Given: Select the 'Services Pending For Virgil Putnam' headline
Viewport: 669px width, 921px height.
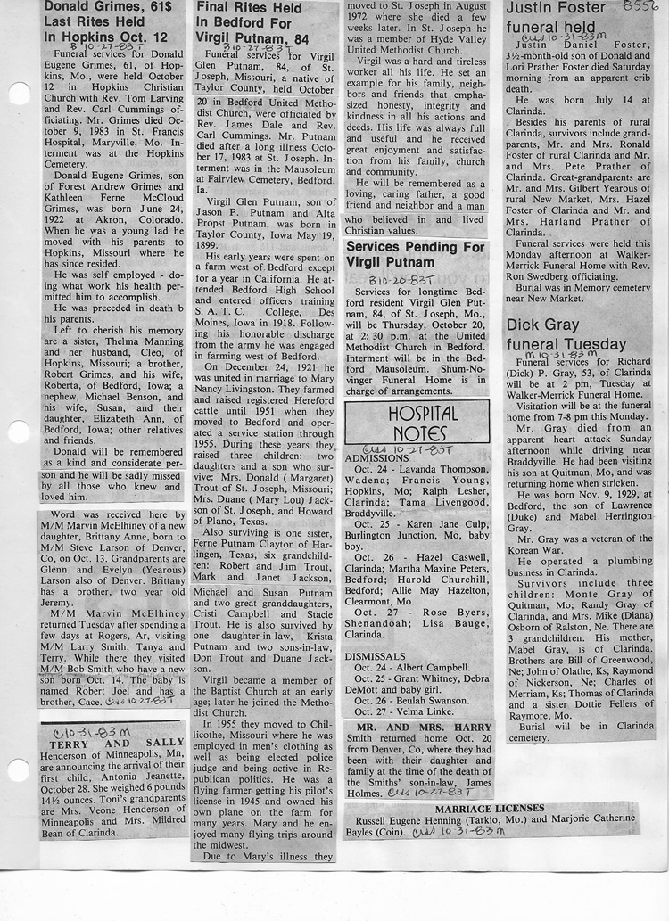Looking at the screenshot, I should (416, 253).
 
